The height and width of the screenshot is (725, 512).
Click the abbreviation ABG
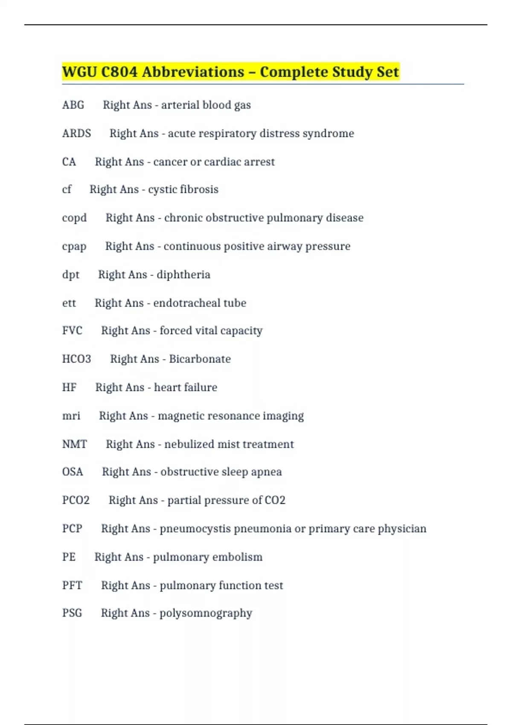[73, 105]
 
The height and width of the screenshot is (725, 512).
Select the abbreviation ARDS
[76, 133]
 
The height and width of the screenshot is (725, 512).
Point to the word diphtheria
[183, 275]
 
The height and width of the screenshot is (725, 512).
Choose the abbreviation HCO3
[76, 359]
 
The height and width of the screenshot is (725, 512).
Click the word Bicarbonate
[200, 359]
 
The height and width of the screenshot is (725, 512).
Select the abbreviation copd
[74, 218]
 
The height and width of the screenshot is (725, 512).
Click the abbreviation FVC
[72, 331]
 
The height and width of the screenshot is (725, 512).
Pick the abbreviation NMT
[74, 444]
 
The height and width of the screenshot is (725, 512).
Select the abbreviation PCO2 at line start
[76, 500]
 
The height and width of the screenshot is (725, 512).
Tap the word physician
[402, 529]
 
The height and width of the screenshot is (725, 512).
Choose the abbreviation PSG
[72, 613]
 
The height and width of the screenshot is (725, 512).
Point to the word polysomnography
[206, 614]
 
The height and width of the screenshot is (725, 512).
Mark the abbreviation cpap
[74, 246]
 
